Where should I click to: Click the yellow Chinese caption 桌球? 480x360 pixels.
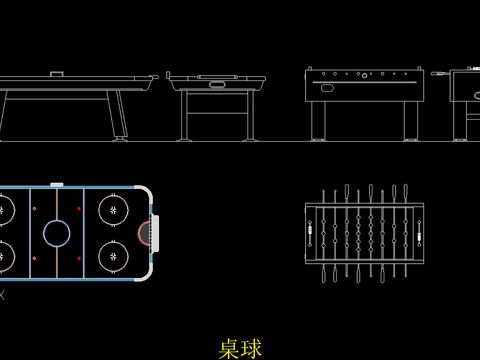tap(240, 348)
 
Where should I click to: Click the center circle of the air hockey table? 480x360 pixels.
tap(57, 233)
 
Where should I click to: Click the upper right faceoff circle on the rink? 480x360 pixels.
tap(112, 210)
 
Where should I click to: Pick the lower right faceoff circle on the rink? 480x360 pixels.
tap(112, 255)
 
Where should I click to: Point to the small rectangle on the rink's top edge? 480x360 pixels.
tap(57, 184)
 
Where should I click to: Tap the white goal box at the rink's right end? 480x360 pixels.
tap(154, 232)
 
